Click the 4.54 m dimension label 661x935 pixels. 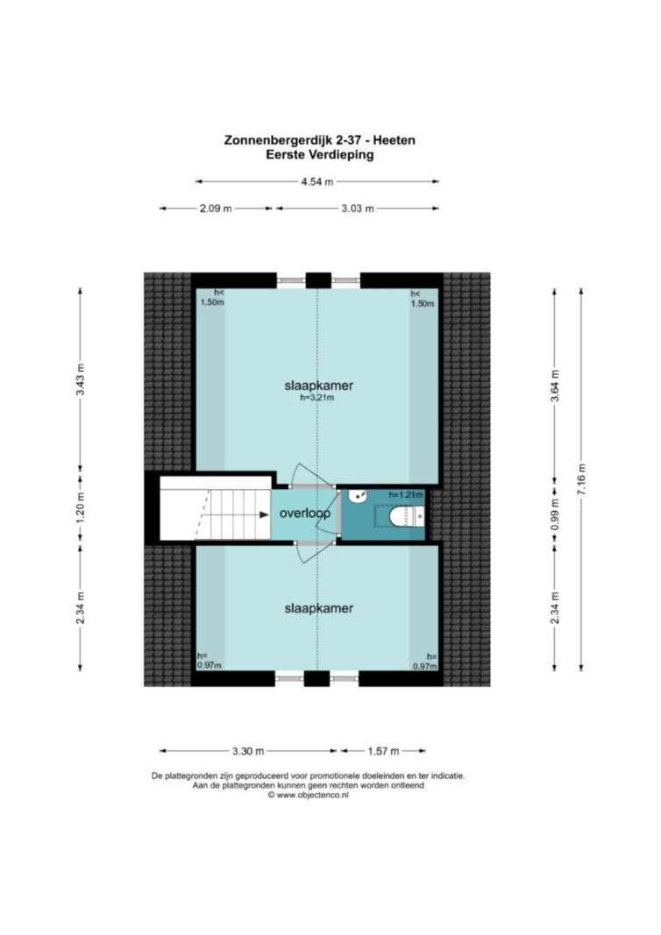pos(316,181)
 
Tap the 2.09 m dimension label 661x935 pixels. pos(216,209)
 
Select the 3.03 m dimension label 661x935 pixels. pos(358,209)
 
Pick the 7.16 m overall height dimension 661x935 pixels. pos(581,479)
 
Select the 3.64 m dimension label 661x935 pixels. pos(555,386)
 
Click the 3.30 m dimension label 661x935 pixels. pos(248,751)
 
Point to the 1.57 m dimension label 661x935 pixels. pos(383,751)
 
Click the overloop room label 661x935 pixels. pos(305,513)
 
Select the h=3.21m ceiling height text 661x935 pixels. pos(316,397)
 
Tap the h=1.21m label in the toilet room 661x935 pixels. pos(406,494)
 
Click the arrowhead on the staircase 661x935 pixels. pos(263,514)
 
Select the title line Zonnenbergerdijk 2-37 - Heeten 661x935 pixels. pos(320,140)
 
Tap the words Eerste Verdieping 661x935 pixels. pos(320,155)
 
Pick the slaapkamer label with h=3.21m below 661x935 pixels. pos(318,386)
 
